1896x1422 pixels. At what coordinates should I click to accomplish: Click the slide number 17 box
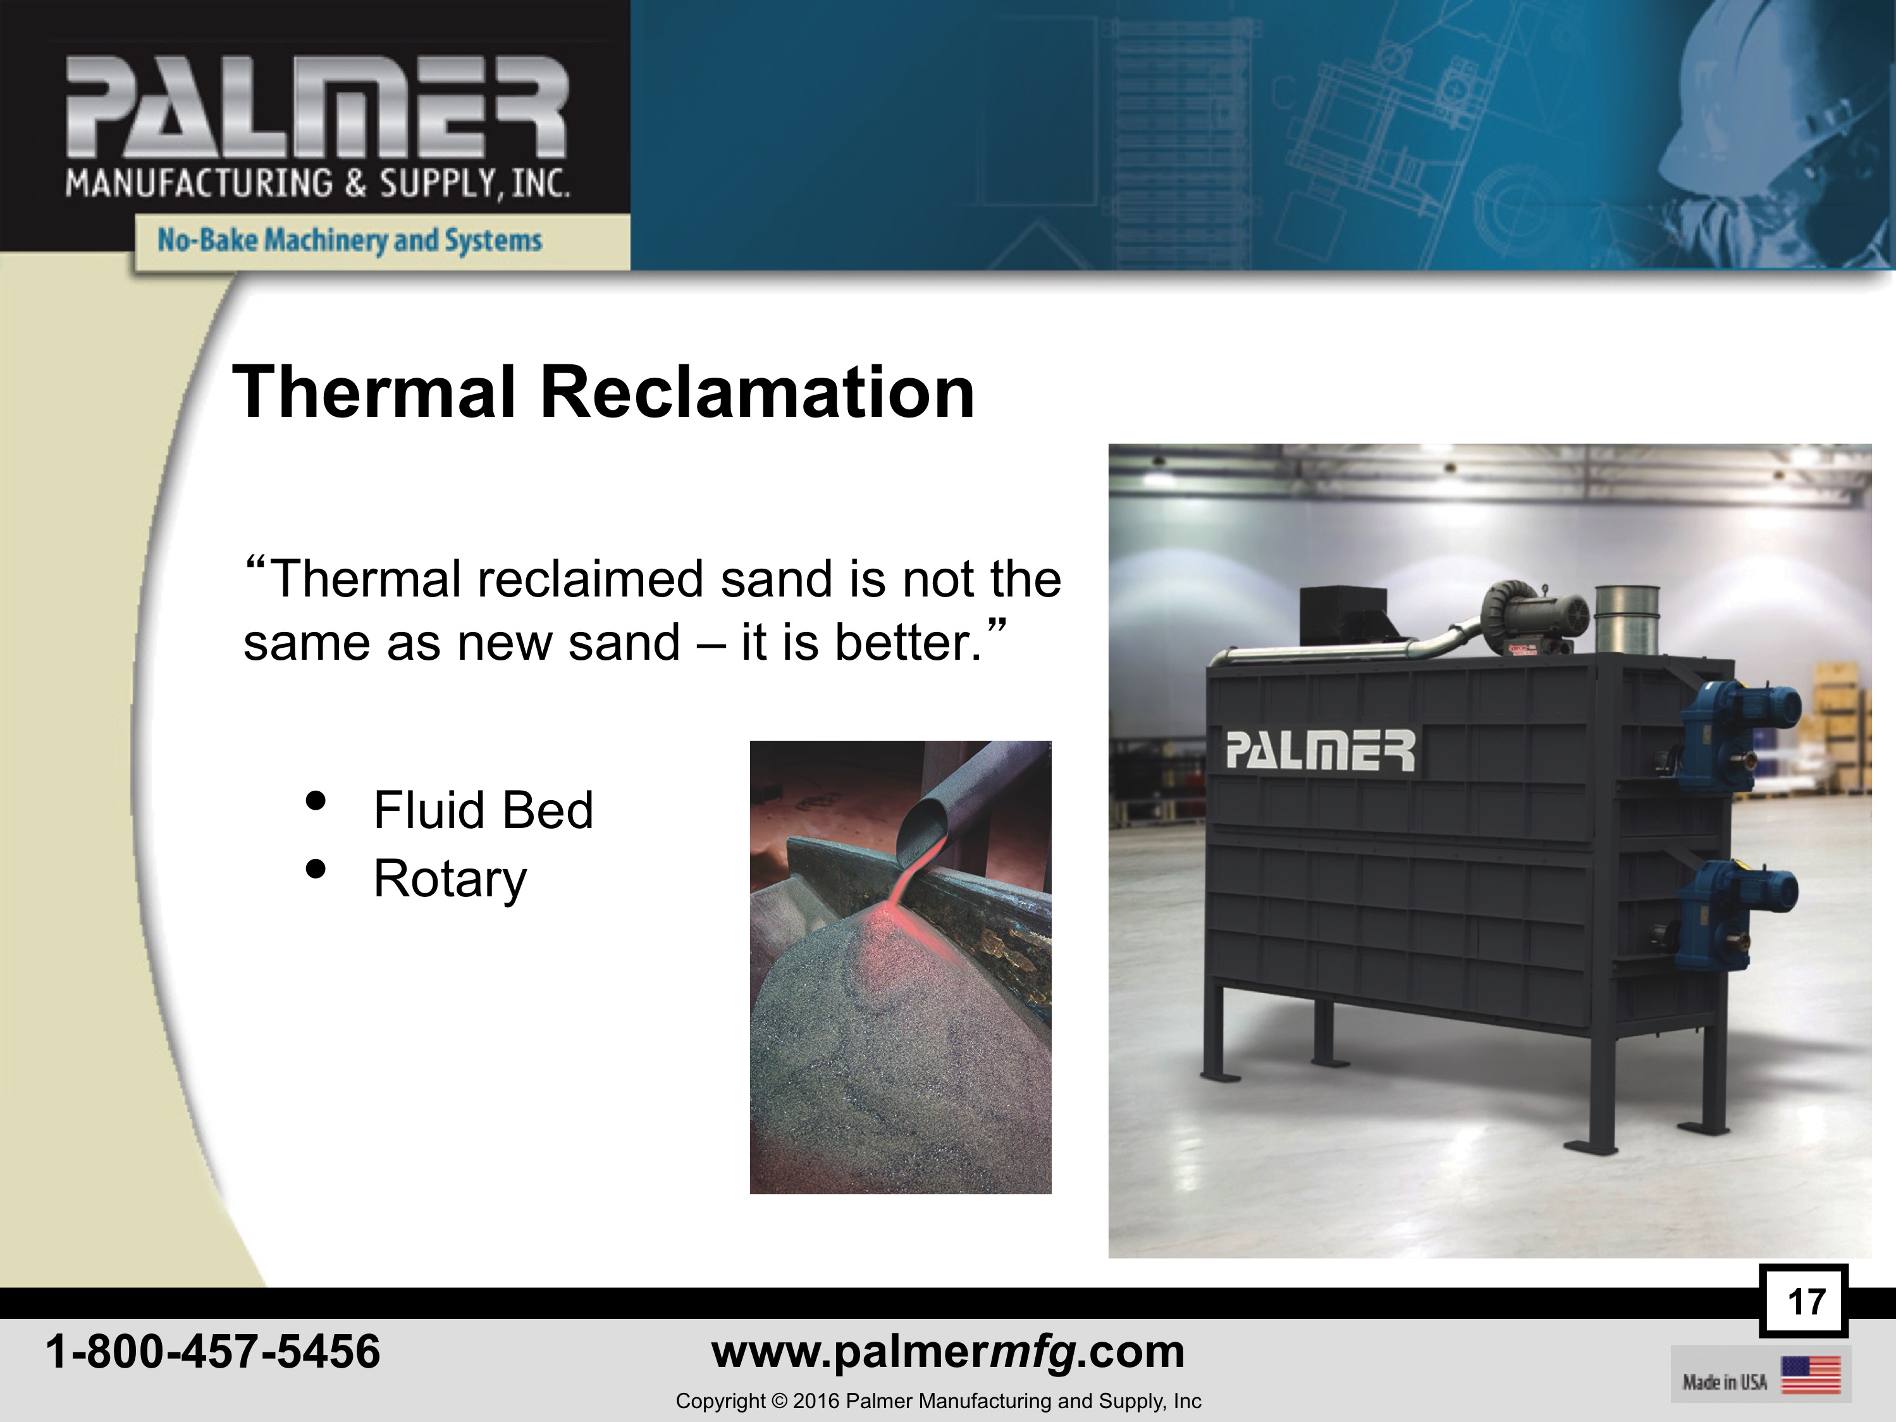(x=1804, y=1301)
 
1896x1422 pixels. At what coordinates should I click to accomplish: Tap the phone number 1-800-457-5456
(x=212, y=1352)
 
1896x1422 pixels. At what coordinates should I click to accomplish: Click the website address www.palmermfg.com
(x=948, y=1352)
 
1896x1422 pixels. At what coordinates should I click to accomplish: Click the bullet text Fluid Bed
(x=483, y=810)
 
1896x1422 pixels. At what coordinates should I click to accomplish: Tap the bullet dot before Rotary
(x=316, y=869)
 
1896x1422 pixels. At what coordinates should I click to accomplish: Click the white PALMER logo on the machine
(x=1320, y=750)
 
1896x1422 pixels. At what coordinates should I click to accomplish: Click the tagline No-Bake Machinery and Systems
(x=350, y=240)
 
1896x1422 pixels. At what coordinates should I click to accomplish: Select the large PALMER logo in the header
(x=317, y=107)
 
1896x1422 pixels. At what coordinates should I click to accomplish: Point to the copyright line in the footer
(x=939, y=1400)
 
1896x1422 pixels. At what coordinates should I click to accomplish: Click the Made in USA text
(x=1725, y=1382)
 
